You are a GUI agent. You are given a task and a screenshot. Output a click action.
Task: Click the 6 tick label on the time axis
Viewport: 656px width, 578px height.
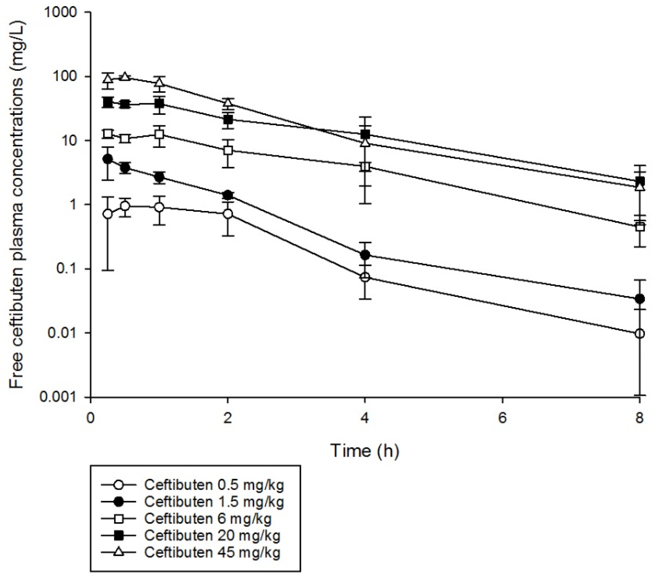502,418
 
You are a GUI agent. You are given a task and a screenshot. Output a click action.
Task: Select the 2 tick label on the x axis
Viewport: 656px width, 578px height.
228,418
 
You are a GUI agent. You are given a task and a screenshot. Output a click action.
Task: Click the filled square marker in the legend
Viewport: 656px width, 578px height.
119,536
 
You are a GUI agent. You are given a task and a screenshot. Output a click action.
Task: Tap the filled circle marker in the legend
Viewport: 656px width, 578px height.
119,502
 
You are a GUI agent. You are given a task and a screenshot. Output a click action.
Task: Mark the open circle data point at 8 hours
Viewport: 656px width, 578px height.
639,334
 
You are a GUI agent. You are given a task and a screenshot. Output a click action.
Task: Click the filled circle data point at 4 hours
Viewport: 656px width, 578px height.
365,255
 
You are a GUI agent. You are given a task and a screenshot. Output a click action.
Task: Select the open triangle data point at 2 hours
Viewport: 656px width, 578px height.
228,103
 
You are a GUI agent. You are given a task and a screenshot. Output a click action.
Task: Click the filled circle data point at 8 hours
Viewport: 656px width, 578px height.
639,299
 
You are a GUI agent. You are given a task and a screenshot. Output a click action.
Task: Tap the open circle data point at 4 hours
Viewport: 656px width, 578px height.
365,277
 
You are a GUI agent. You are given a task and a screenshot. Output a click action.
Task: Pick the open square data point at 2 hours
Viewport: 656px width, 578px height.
228,150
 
